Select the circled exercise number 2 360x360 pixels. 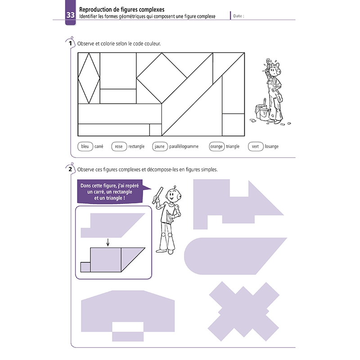tap(71, 169)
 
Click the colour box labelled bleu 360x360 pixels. tap(85, 146)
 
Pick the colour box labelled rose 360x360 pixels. tap(119, 146)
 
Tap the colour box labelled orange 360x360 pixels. tap(216, 146)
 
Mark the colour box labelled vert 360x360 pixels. tap(255, 146)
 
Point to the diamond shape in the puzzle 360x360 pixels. tap(89, 78)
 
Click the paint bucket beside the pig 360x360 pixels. tap(261, 112)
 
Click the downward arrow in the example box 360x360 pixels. tap(108, 243)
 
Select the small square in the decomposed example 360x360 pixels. tap(85, 267)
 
